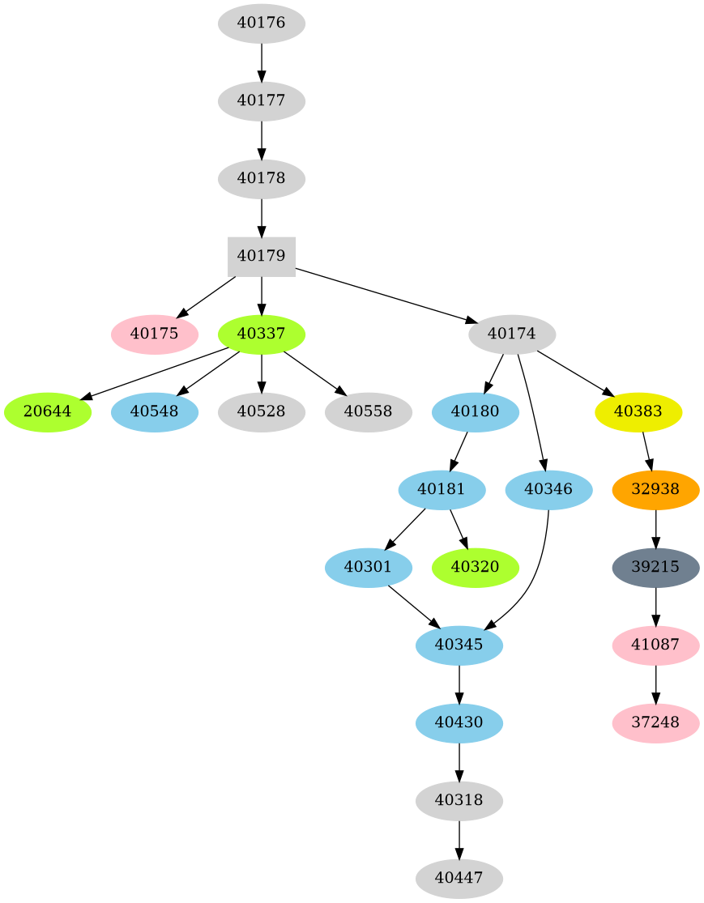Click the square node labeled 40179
coord(261,257)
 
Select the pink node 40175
coord(154,334)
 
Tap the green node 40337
coord(261,334)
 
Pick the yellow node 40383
coord(638,411)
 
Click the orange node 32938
coord(655,489)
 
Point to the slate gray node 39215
coord(655,567)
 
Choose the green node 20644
coord(47,411)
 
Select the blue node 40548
coord(154,411)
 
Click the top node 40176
coord(261,23)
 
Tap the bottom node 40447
coord(459,879)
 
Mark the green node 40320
coord(475,567)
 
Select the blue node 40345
coord(459,645)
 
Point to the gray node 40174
coord(511,334)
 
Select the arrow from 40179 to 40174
coord(381,295)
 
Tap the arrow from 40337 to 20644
coord(154,374)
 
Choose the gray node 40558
coord(368,411)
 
